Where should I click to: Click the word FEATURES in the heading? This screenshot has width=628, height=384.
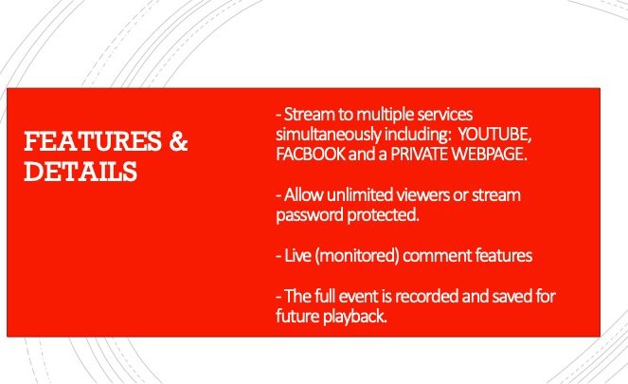pos(93,140)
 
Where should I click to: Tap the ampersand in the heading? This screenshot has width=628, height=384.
pos(178,140)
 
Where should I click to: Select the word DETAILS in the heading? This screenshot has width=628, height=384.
pos(81,172)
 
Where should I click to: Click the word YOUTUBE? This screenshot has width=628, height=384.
pos(494,135)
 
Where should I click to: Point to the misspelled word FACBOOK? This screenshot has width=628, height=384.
pos(311,155)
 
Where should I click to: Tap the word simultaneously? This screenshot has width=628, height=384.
pos(329,135)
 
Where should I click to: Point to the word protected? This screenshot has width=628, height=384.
pos(384,215)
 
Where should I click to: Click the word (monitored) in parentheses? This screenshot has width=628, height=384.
pos(357,256)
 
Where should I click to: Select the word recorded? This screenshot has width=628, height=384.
pos(426,296)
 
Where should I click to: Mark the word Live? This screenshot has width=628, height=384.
pos(297,256)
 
